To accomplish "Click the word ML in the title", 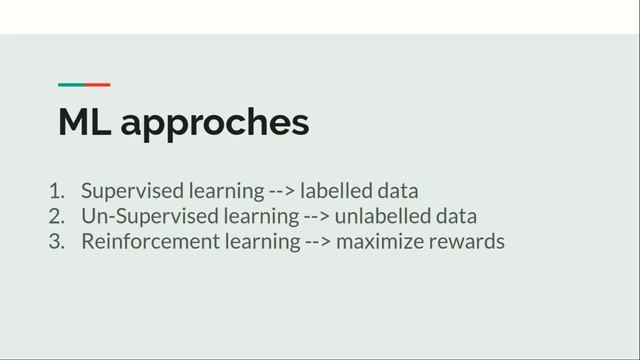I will (84, 123).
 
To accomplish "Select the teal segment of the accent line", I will (71, 85).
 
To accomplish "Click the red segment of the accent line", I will (97, 85).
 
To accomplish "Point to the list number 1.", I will (56, 190).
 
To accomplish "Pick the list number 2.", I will (56, 216).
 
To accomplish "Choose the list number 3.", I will (56, 242).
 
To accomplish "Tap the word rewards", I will (466, 242).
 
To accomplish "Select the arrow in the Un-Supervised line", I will (315, 217).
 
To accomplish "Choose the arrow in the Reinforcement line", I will (317, 242).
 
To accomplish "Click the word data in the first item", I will (397, 190).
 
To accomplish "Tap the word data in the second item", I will (455, 216).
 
